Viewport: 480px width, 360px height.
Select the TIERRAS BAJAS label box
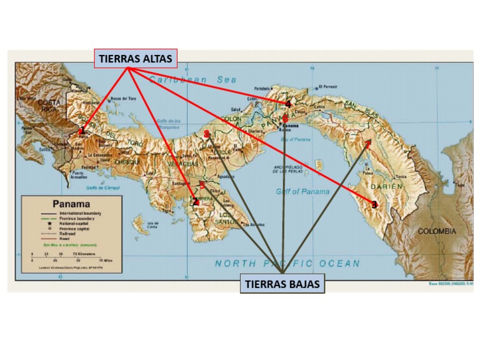[x=282, y=284]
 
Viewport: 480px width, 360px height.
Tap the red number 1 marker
[x=82, y=131]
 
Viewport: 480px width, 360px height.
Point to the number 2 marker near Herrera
[x=195, y=201]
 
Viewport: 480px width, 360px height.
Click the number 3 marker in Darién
[x=374, y=204]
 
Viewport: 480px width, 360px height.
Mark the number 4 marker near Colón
[x=287, y=104]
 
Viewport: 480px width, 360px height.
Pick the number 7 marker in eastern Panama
[x=368, y=143]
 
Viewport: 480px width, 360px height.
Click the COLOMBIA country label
[x=437, y=231]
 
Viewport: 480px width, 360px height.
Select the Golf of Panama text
[x=302, y=192]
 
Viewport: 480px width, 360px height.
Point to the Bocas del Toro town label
[x=123, y=98]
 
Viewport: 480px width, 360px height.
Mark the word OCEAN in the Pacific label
[x=340, y=263]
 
